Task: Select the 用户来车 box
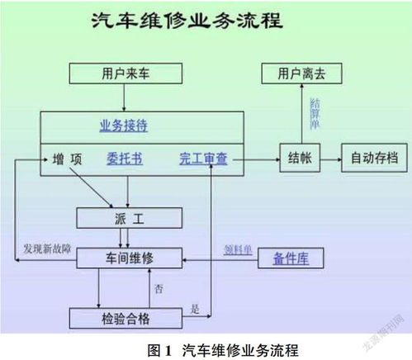(122, 74)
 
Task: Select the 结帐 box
(301, 157)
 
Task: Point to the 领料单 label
(239, 249)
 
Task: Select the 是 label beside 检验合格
(196, 309)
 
